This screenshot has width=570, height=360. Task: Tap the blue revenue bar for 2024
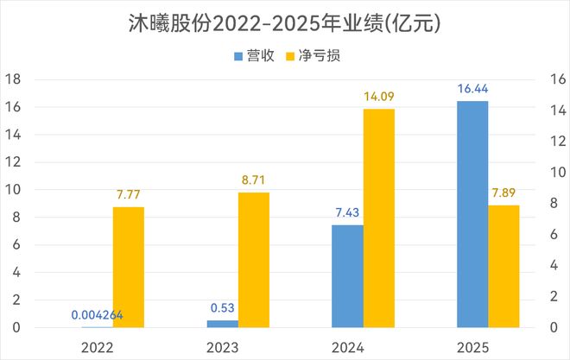(x=347, y=276)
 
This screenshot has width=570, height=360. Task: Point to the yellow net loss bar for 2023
(x=254, y=260)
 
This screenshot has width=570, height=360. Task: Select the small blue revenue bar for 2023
(x=223, y=324)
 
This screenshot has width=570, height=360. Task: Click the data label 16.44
(x=472, y=89)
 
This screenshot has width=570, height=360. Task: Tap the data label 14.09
(x=378, y=97)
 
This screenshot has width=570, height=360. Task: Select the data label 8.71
(x=254, y=180)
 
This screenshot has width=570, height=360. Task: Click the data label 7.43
(x=347, y=212)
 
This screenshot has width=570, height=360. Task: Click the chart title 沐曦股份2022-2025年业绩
(x=284, y=23)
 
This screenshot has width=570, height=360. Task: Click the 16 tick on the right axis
(x=556, y=79)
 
